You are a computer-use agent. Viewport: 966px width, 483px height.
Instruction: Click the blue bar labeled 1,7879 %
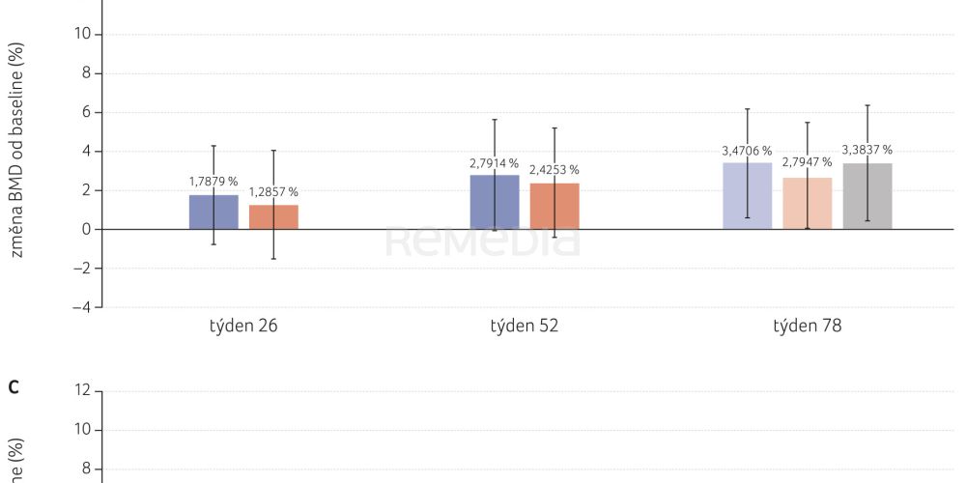point(213,213)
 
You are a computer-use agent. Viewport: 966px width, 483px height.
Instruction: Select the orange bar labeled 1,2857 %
point(273,217)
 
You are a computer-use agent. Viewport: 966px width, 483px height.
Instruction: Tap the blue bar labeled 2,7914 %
point(495,202)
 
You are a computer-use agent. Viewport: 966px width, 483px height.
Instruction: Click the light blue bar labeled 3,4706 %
point(748,196)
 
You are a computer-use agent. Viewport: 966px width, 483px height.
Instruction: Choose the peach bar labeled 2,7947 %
point(808,204)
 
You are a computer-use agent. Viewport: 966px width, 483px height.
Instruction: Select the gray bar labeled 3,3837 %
point(867,196)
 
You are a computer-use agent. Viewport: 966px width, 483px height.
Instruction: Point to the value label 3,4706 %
point(747,151)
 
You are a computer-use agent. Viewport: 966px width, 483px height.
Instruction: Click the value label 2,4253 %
point(554,170)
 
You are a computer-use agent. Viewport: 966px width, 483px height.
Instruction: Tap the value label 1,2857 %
point(273,192)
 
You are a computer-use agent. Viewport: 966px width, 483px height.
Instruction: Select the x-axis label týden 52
point(525,326)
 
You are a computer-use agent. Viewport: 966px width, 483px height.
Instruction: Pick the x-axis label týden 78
point(807,326)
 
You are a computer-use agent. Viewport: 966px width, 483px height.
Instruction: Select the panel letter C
point(14,388)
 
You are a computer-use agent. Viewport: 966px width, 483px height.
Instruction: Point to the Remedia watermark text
point(483,241)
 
